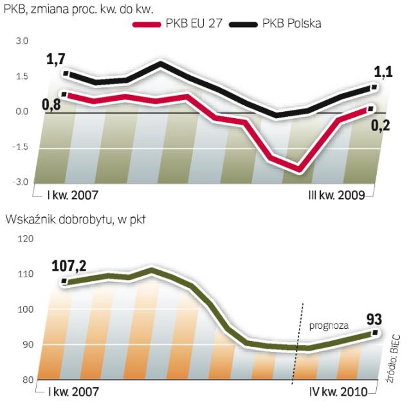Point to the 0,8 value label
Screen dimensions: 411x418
(x=52, y=103)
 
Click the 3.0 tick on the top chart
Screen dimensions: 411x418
(x=22, y=41)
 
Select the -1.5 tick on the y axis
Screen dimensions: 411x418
(x=21, y=147)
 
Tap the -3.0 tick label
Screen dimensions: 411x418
(x=21, y=182)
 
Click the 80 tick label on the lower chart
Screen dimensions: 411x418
(x=26, y=380)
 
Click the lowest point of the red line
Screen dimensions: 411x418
(x=298, y=170)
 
